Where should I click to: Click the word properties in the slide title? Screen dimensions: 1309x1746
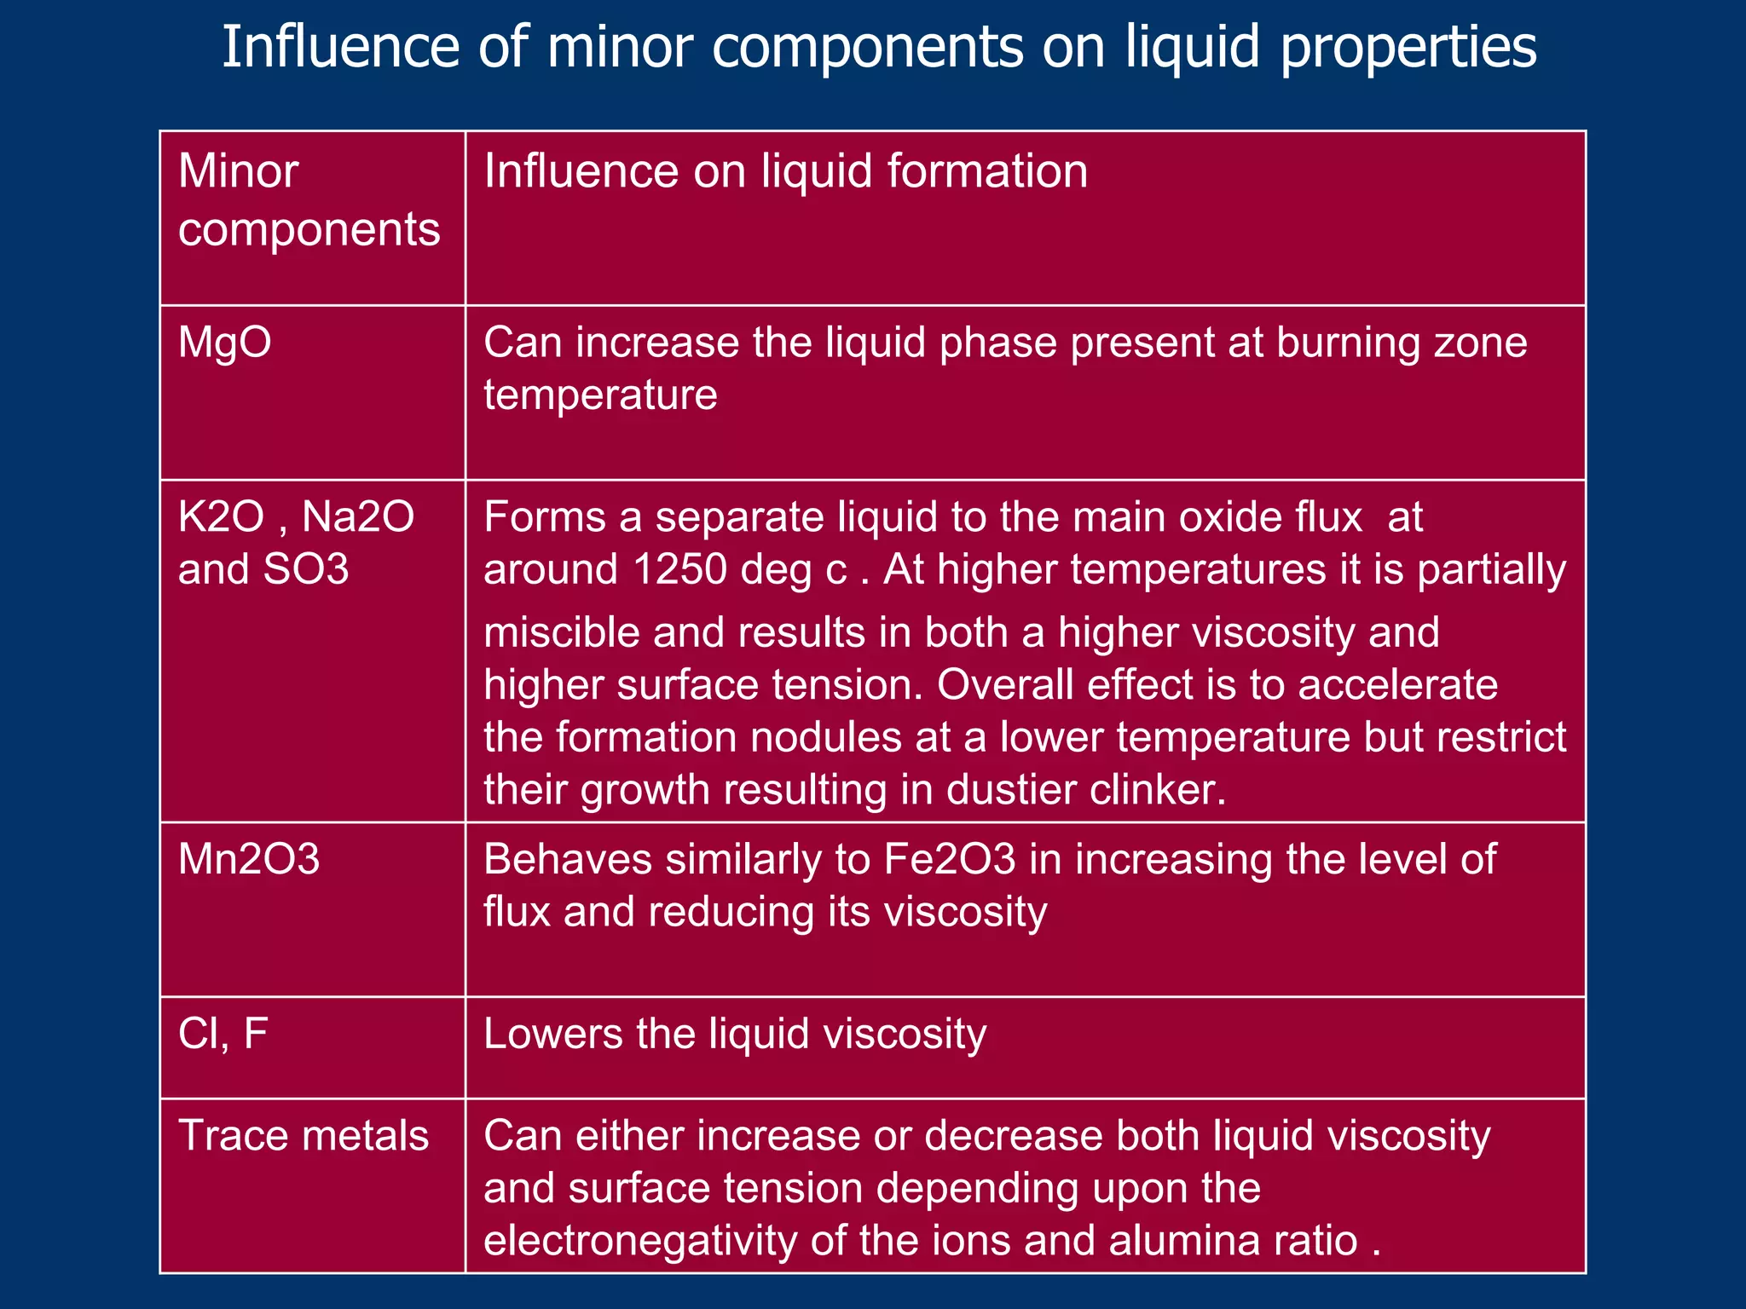[x=1408, y=48]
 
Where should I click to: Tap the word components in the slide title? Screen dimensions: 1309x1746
[x=867, y=48]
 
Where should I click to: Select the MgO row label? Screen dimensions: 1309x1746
[x=224, y=343]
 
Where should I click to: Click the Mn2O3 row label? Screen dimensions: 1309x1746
[x=249, y=859]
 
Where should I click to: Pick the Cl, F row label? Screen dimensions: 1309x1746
[x=223, y=1034]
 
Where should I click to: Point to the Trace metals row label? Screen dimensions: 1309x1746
[x=304, y=1136]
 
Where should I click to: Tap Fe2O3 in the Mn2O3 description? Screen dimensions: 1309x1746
[x=950, y=859]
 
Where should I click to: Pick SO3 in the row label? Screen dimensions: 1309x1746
[x=306, y=569]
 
